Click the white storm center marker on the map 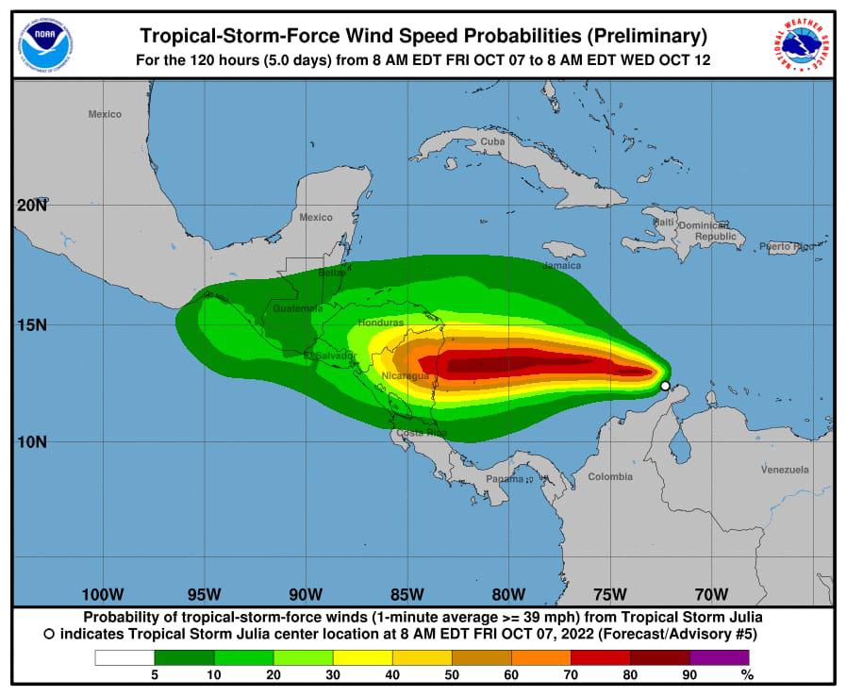[665, 386]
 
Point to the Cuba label [492, 141]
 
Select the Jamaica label [561, 265]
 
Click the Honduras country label [381, 323]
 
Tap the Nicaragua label [406, 376]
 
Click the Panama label [505, 479]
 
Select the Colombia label [610, 476]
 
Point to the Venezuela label [785, 469]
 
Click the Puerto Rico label [786, 246]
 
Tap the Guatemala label [297, 308]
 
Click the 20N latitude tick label [32, 205]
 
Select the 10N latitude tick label [32, 441]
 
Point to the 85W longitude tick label [406, 594]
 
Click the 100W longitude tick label [103, 594]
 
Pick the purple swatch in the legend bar [719, 657]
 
